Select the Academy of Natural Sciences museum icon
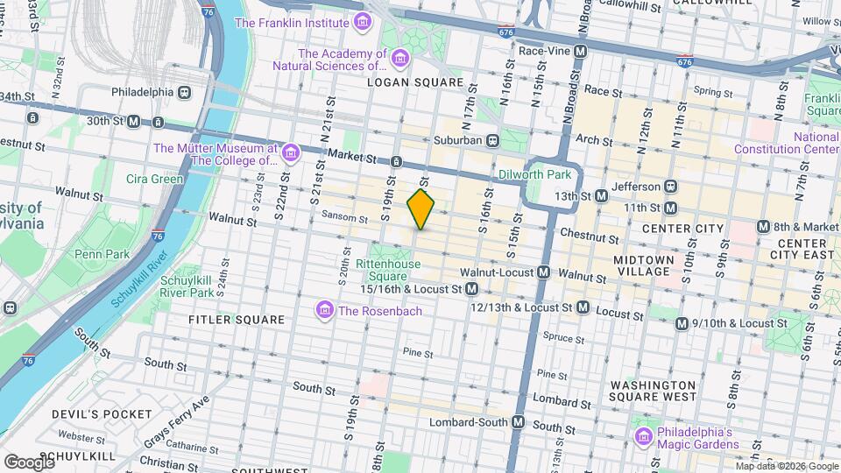click(x=400, y=59)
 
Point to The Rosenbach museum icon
click(x=324, y=311)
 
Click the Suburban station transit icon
click(x=493, y=140)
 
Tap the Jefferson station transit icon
click(x=672, y=187)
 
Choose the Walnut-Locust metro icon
click(x=543, y=272)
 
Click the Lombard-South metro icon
click(x=518, y=422)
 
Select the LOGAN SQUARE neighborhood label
click(x=416, y=82)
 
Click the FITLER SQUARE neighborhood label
click(x=237, y=320)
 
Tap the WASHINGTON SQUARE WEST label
click(x=654, y=392)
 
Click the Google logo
click(x=28, y=462)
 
